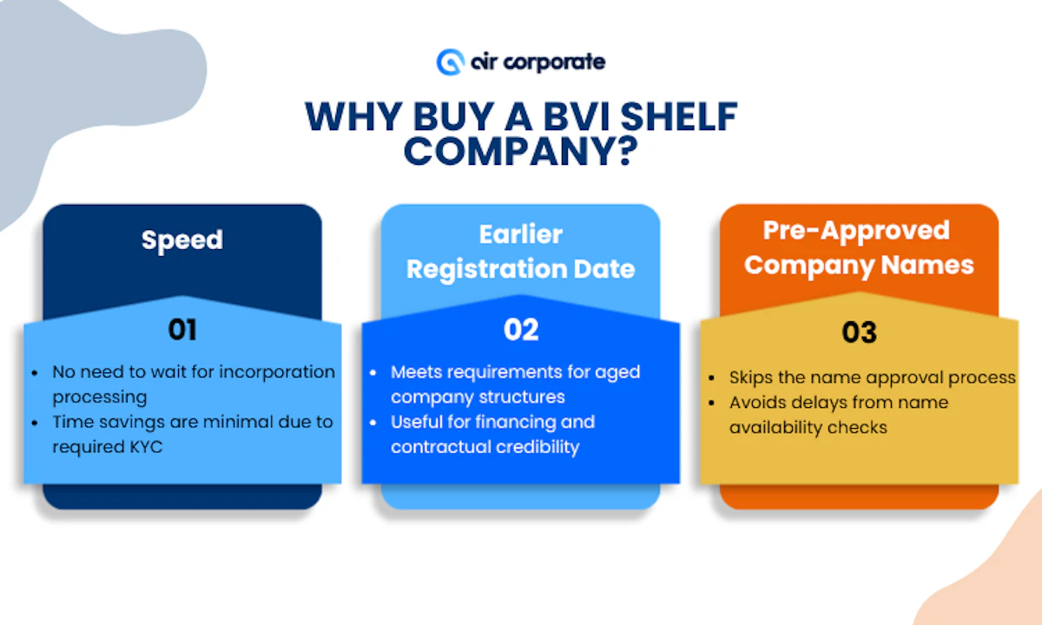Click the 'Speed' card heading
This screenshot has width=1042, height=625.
182,240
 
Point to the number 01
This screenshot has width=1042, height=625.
182,330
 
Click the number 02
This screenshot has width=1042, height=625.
521,330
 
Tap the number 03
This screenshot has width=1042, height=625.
859,332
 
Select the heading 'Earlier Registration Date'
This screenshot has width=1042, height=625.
521,252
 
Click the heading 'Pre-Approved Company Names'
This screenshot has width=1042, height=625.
859,247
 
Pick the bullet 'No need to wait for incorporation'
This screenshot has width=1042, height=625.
193,372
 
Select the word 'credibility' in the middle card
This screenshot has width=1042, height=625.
531,447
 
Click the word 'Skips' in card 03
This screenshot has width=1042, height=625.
751,378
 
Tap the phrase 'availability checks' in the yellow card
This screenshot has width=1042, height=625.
808,427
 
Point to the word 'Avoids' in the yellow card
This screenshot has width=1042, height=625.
754,403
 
